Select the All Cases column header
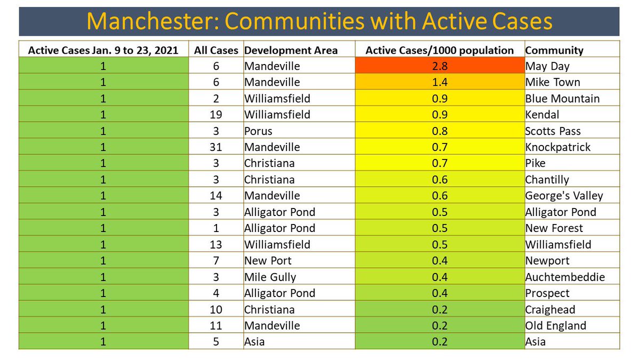pyautogui.click(x=216, y=50)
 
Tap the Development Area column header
pyautogui.click(x=291, y=50)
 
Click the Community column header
pyautogui.click(x=554, y=50)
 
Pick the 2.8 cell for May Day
pyautogui.click(x=439, y=66)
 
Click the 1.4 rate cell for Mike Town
pyautogui.click(x=439, y=82)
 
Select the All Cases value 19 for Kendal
pyautogui.click(x=216, y=115)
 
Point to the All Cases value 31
pyautogui.click(x=216, y=147)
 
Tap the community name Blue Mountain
pyautogui.click(x=562, y=99)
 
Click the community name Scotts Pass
pyautogui.click(x=553, y=131)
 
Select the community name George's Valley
pyautogui.click(x=564, y=196)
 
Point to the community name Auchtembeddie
pyautogui.click(x=565, y=277)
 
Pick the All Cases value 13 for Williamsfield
pyautogui.click(x=216, y=245)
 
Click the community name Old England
pyautogui.click(x=556, y=326)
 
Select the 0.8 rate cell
pyautogui.click(x=439, y=131)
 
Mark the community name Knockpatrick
pyautogui.click(x=558, y=147)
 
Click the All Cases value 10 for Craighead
pyautogui.click(x=216, y=309)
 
